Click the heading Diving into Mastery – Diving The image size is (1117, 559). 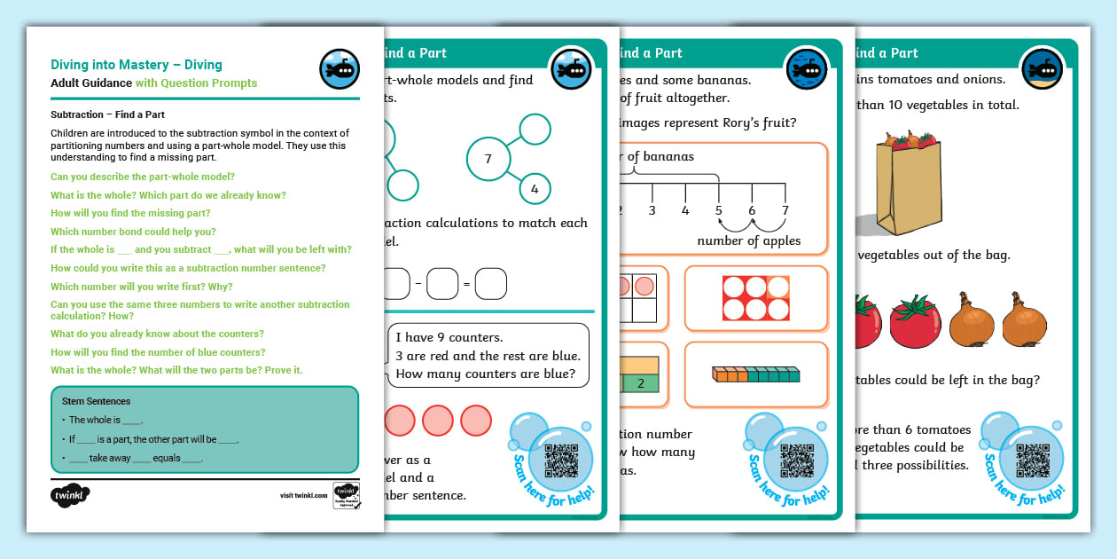tap(136, 65)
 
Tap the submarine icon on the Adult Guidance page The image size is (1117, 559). tap(339, 69)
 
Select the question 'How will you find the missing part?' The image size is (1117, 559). tap(130, 213)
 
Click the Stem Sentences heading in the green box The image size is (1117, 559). tap(97, 401)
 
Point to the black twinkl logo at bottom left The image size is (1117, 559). tap(71, 495)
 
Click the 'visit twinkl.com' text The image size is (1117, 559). tap(303, 496)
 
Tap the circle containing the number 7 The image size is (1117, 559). tap(488, 159)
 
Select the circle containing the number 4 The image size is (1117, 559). tap(535, 189)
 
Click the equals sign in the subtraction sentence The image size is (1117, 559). tap(466, 285)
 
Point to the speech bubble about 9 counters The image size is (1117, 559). tap(488, 355)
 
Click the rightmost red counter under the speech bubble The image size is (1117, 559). tap(475, 419)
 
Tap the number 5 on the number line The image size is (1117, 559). tap(718, 210)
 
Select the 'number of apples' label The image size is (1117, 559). tap(748, 240)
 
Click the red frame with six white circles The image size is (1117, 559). tap(755, 298)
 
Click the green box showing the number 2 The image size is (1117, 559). tap(640, 383)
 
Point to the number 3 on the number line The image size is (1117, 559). tap(652, 210)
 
